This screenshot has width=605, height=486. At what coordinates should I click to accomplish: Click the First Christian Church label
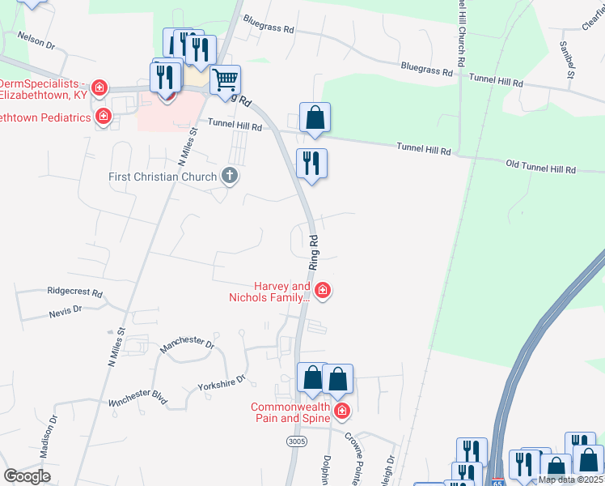(x=163, y=177)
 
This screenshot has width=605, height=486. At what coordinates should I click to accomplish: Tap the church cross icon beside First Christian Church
(x=230, y=176)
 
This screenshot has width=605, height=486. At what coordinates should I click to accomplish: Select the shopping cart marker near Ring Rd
(x=226, y=79)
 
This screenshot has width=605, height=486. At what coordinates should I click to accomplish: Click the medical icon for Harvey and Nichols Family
(x=322, y=291)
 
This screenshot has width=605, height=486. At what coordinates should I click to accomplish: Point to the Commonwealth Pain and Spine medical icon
(x=341, y=412)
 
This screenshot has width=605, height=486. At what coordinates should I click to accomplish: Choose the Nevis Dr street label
(x=66, y=309)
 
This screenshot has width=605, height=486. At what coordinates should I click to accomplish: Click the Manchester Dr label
(x=187, y=344)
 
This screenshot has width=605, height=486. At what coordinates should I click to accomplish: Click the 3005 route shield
(x=295, y=441)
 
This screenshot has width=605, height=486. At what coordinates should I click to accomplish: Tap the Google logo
(x=27, y=476)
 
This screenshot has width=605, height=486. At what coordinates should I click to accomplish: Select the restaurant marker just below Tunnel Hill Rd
(x=312, y=163)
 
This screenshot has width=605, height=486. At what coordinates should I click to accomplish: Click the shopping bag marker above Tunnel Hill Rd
(x=315, y=117)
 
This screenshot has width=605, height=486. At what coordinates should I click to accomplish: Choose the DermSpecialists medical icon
(x=99, y=87)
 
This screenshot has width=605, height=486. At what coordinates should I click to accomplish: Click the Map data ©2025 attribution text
(x=571, y=480)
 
